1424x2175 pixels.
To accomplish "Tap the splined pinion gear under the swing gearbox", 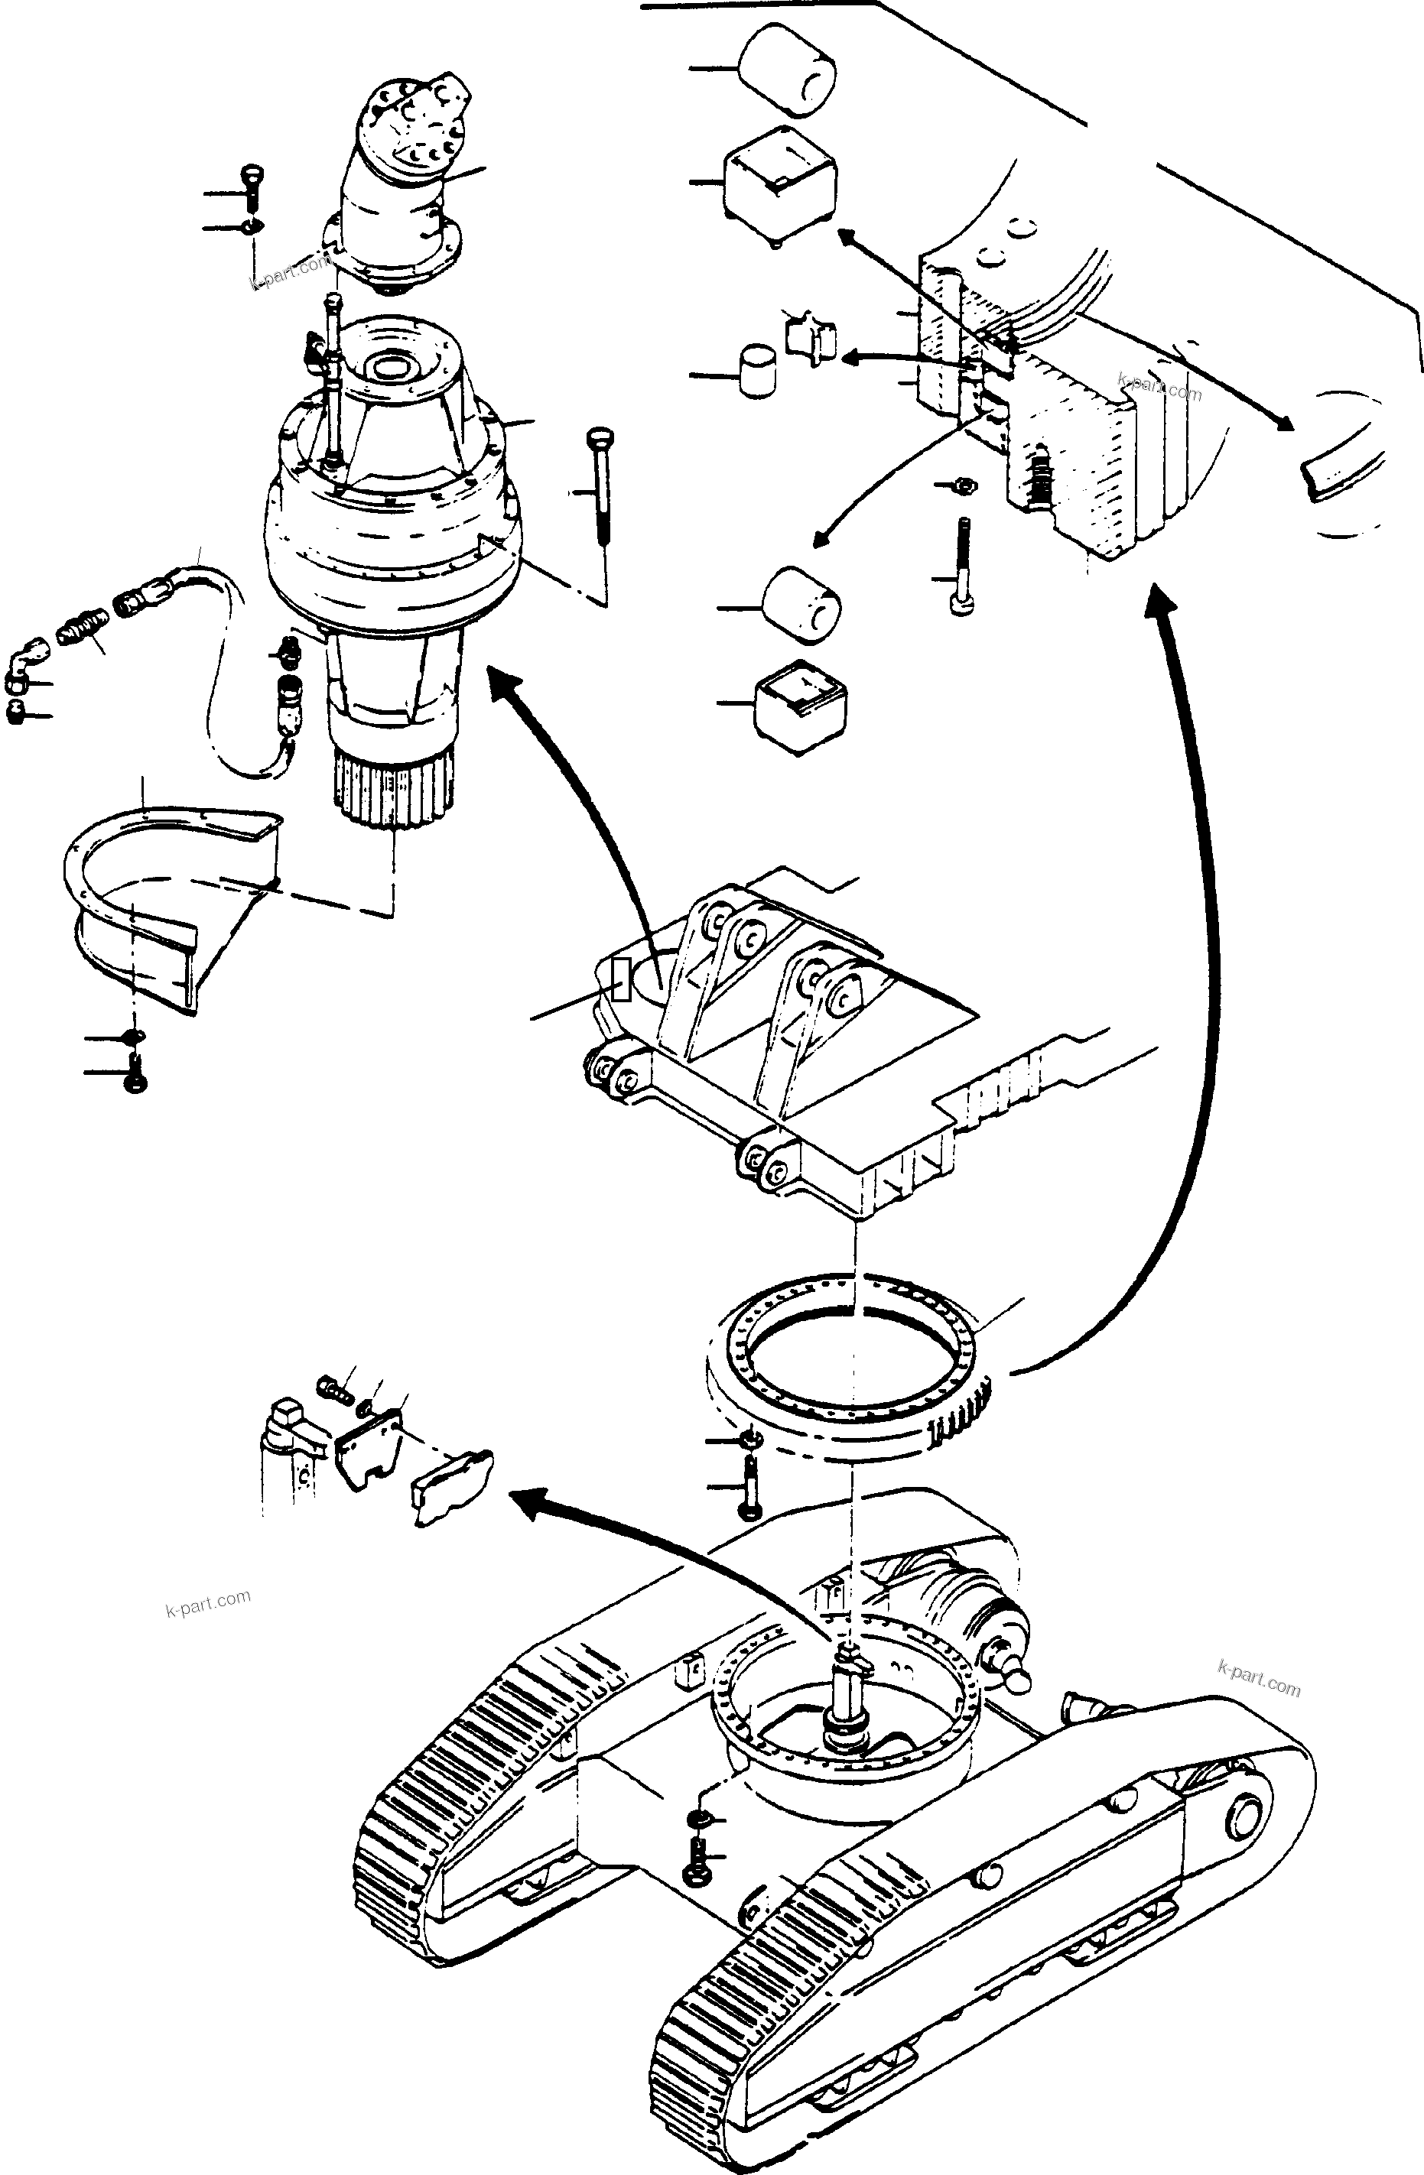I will coord(392,786).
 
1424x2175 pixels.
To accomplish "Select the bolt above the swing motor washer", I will coord(252,187).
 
